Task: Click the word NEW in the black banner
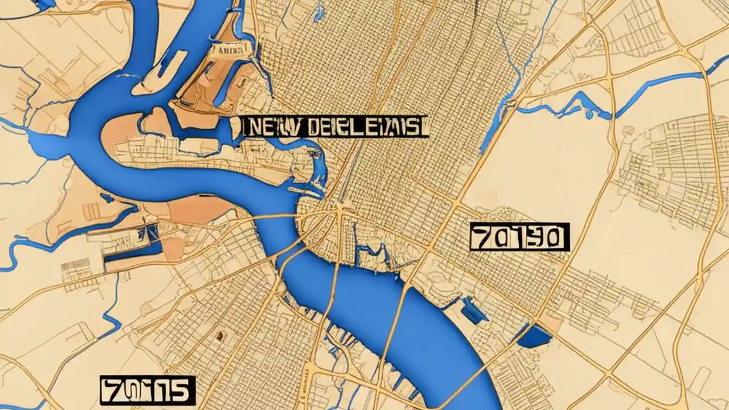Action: [x=268, y=126]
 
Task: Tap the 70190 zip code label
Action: [x=519, y=237]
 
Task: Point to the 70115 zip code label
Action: [x=148, y=390]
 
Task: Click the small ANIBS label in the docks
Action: [x=230, y=50]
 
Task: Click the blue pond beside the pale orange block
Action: [x=535, y=337]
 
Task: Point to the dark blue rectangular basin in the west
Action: [x=132, y=251]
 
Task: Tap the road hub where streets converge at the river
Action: [x=340, y=211]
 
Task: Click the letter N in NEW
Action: [x=253, y=126]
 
